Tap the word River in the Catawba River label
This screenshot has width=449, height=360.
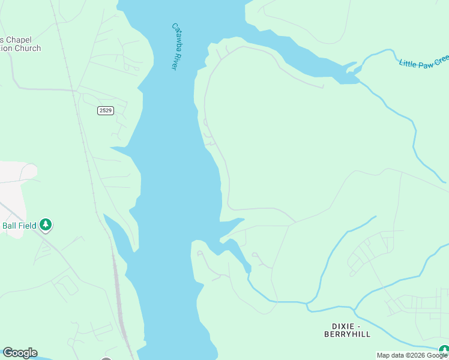point(173,61)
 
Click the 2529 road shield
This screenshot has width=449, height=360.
point(105,110)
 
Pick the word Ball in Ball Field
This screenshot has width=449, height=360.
point(11,226)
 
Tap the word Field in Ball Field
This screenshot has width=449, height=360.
point(29,226)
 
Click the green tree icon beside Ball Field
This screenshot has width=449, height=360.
point(46,225)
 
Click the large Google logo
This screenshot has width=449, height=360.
point(20,353)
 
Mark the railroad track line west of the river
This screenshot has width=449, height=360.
point(90,180)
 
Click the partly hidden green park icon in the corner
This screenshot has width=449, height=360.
point(444,350)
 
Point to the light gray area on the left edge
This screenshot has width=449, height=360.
point(12,192)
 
